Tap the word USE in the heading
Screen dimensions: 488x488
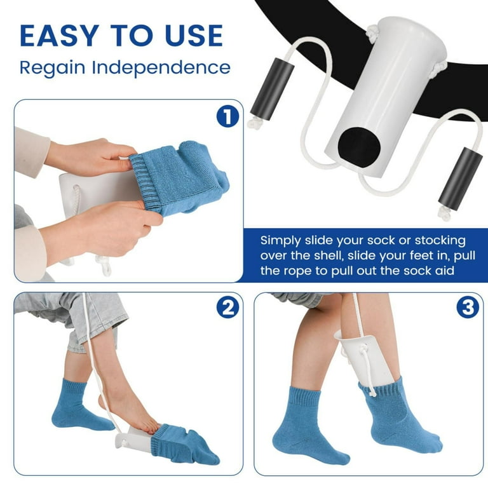pos(194,36)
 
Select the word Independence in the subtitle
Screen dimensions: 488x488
pos(161,67)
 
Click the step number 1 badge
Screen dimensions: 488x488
pos(228,116)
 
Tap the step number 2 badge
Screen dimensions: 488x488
pos(228,308)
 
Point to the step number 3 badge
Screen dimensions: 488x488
pos(468,307)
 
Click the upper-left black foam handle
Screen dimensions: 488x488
pos(273,88)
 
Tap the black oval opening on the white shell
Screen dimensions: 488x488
pos(359,149)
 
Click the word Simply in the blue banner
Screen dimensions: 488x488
pos(281,241)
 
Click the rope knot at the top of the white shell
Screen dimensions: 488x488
pos(371,31)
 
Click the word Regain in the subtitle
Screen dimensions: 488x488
pos(52,68)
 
